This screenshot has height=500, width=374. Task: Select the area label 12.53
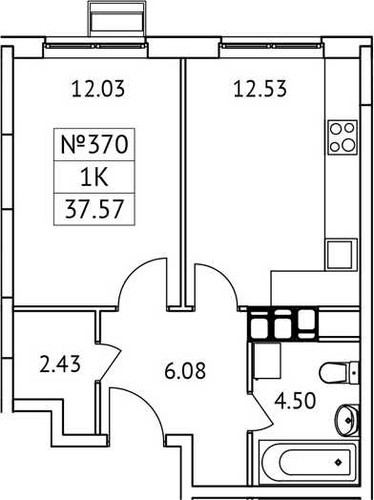click(260, 91)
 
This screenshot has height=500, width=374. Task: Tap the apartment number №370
click(93, 147)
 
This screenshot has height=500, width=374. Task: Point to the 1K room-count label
click(93, 177)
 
